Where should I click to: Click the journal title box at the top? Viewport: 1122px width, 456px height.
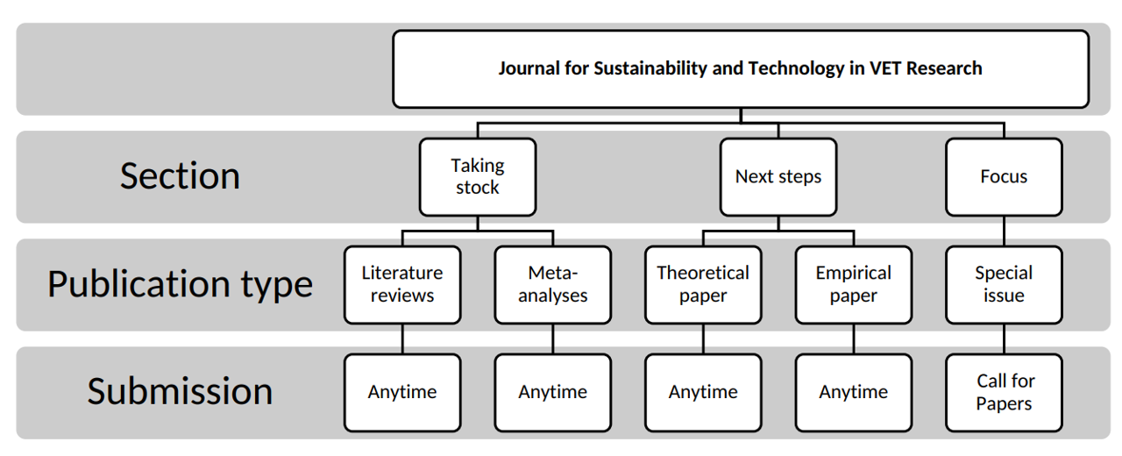(x=740, y=68)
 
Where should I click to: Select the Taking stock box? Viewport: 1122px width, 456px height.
(x=477, y=176)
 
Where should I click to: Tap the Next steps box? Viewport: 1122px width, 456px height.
(x=778, y=176)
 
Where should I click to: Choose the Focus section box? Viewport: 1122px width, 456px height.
(x=1004, y=176)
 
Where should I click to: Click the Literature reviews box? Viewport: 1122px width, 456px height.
(x=402, y=284)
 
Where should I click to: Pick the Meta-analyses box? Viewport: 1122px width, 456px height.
(x=552, y=284)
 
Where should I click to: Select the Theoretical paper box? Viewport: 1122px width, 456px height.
(x=703, y=284)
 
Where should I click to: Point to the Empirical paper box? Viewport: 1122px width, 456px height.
(x=853, y=284)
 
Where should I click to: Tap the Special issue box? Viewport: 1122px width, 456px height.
(x=1004, y=284)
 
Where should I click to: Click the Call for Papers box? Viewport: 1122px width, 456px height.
(x=1004, y=392)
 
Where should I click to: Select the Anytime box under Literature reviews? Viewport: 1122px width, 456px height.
(x=402, y=392)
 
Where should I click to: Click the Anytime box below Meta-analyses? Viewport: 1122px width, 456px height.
(x=552, y=392)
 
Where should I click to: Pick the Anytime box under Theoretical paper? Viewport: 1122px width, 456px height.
(x=703, y=392)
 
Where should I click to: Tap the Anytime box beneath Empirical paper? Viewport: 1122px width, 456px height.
(x=853, y=392)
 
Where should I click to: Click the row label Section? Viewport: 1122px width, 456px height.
(x=180, y=176)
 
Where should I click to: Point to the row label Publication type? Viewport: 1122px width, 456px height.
(x=180, y=284)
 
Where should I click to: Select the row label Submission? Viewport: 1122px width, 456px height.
(x=180, y=391)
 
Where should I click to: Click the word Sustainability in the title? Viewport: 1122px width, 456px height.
(x=650, y=68)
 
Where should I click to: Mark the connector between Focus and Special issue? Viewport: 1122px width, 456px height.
(x=1004, y=231)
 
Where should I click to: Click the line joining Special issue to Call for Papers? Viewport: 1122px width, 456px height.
(x=1004, y=338)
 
